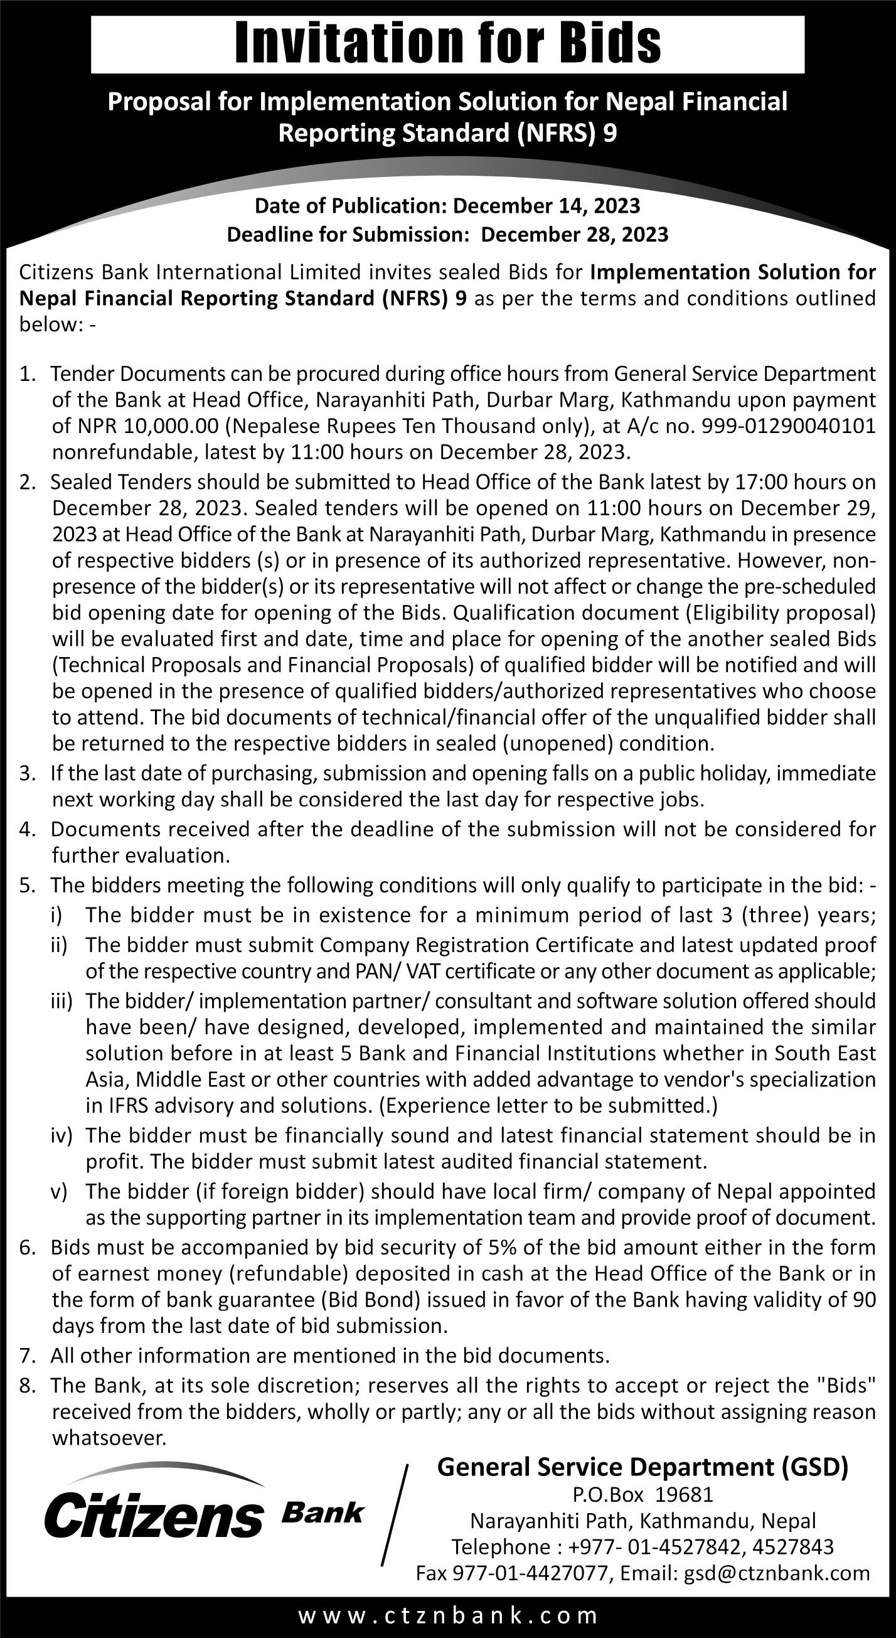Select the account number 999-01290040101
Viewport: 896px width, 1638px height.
[x=789, y=426]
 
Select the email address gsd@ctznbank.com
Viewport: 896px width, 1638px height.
[x=776, y=1568]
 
